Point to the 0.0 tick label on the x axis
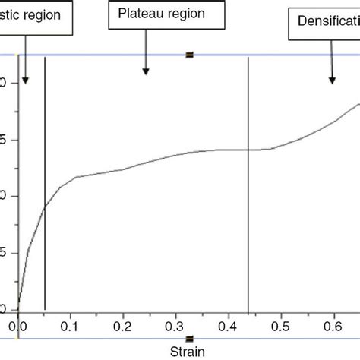tap(17, 327)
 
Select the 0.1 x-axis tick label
tap(71, 327)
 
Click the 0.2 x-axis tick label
tap(123, 327)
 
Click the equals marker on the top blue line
tap(189, 55)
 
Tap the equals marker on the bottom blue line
tap(189, 338)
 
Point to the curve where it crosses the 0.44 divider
tap(248, 150)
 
